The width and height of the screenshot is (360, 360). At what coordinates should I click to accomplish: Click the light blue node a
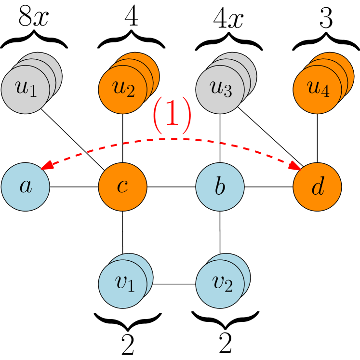click(26, 187)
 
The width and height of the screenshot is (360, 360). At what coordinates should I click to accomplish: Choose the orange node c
click(123, 187)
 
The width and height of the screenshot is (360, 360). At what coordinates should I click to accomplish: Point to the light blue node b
click(220, 187)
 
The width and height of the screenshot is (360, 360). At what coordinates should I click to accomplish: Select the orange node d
click(318, 187)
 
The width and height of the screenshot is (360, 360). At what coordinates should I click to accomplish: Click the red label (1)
click(172, 116)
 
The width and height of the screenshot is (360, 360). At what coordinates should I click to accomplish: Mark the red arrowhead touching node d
click(295, 166)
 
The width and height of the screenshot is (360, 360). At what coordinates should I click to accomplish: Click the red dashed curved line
click(172, 139)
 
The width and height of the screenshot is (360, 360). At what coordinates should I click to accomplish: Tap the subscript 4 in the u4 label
click(326, 93)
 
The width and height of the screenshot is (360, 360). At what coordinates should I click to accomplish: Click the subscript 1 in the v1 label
click(131, 287)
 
